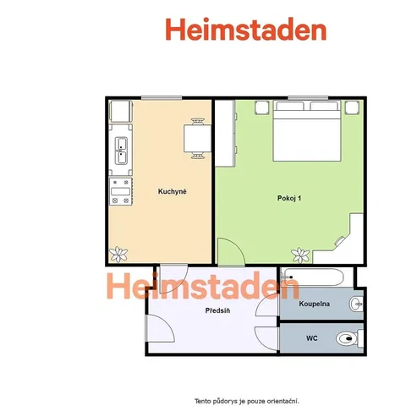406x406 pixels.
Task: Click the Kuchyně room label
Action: click(172, 192)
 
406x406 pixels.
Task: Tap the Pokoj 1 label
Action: click(289, 198)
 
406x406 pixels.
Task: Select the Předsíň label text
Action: click(217, 310)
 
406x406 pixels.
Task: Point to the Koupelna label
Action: click(315, 304)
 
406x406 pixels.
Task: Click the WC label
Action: click(312, 338)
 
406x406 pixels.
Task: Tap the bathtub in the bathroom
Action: click(312, 277)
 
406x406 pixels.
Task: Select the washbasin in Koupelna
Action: click(356, 304)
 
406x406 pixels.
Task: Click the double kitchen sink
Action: click(121, 151)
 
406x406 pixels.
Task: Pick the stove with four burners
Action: click(121, 191)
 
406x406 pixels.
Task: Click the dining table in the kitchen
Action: click(197, 139)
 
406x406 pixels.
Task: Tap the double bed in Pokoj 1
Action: click(307, 130)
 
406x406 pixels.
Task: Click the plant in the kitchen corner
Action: click(118, 254)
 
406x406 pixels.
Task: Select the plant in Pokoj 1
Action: click(300, 255)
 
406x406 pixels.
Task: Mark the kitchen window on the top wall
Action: click(162, 98)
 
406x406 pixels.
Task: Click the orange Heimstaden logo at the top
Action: click(246, 30)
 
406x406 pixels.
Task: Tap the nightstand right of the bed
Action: click(353, 107)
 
